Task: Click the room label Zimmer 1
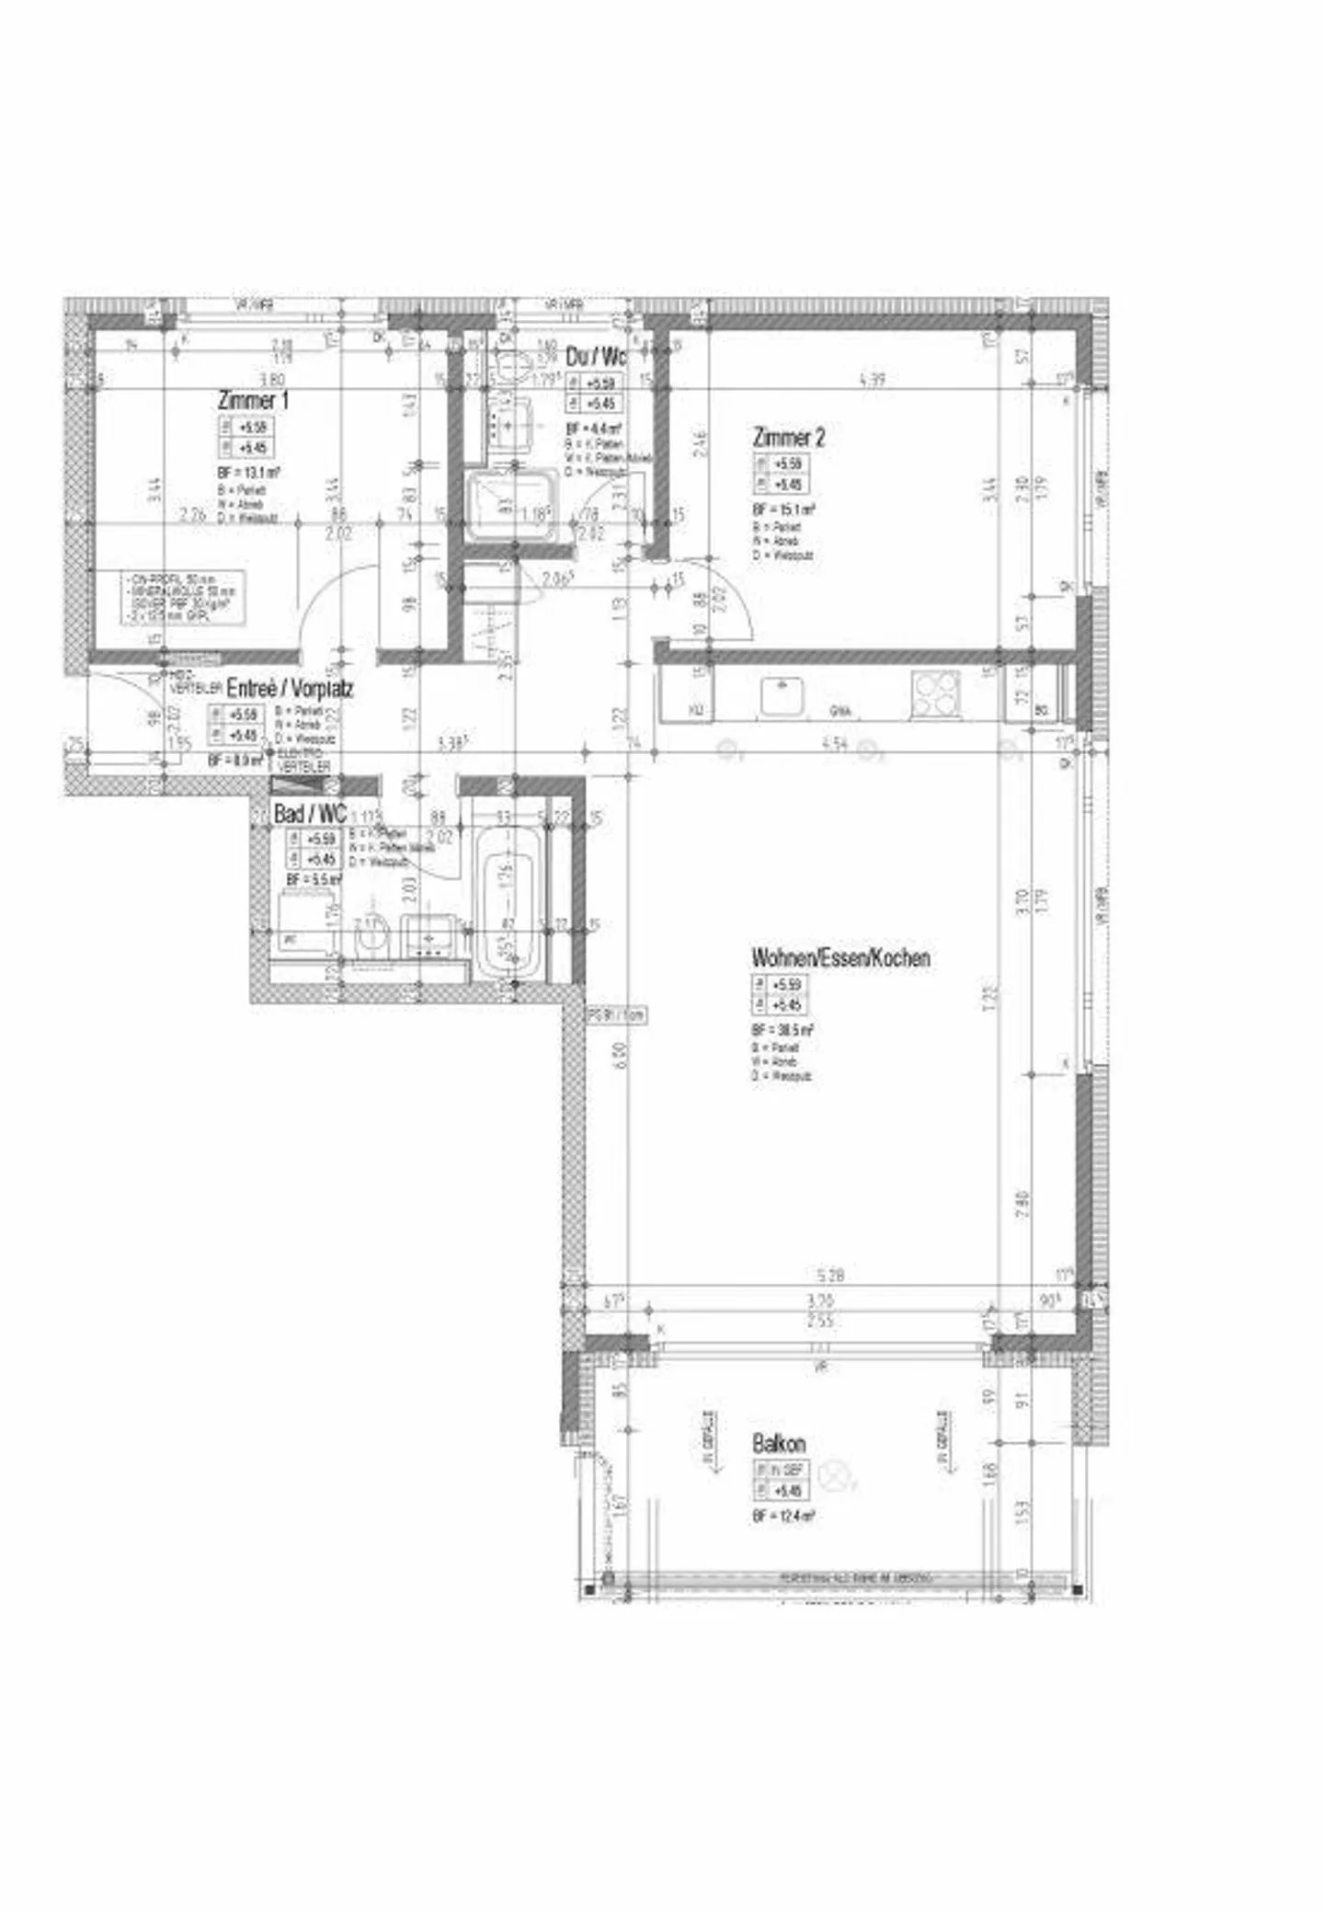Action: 253,401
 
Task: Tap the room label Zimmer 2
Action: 788,437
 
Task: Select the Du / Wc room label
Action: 596,356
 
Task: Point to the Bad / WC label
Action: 310,814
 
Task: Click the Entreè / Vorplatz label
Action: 290,688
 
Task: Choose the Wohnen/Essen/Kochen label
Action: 840,957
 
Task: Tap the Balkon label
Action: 778,1443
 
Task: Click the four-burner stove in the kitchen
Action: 935,694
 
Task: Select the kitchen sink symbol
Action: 782,696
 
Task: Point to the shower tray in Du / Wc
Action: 511,505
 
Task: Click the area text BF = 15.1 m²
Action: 782,509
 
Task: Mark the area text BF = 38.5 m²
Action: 782,1030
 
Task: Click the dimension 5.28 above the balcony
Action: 829,1276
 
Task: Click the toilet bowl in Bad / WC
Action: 372,939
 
